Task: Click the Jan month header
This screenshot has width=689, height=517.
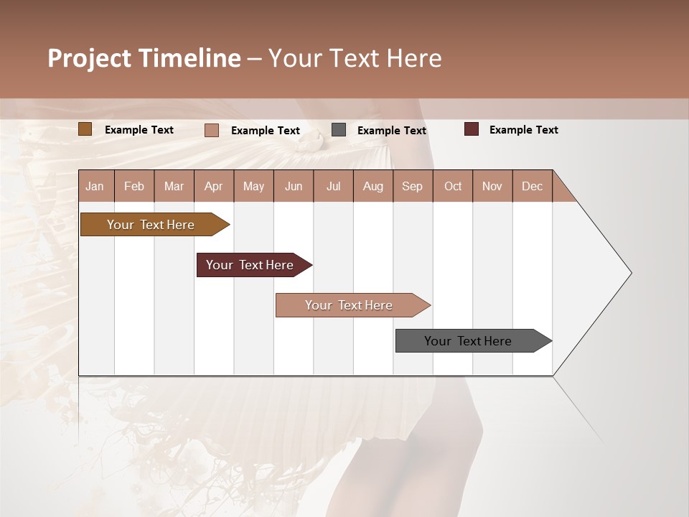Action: [95, 186]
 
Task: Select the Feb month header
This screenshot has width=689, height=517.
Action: [134, 186]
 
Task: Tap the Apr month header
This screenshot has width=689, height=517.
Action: [213, 186]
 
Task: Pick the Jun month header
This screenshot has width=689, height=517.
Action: [294, 186]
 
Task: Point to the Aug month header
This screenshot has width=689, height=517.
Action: [372, 186]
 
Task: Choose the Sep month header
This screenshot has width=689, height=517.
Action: [412, 186]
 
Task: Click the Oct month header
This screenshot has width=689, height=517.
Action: [453, 186]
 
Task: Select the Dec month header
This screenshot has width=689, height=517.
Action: [532, 186]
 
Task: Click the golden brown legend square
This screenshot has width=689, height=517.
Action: [85, 129]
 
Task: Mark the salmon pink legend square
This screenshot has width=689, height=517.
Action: [212, 130]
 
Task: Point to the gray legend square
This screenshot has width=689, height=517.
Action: [339, 130]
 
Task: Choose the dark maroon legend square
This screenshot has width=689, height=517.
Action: [471, 129]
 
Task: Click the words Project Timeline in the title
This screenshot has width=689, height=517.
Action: [144, 58]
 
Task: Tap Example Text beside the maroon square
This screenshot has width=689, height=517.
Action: [523, 130]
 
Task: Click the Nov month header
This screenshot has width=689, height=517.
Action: [492, 186]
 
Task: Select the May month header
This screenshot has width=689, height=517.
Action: [253, 186]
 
